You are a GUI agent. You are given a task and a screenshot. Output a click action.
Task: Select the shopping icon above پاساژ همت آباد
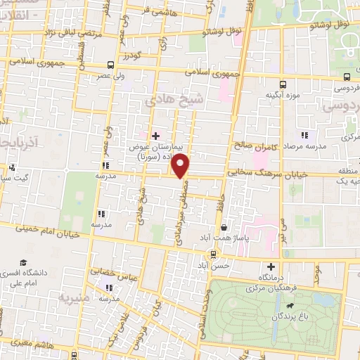[224, 227]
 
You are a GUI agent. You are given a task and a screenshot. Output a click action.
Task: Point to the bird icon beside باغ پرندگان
[290, 307]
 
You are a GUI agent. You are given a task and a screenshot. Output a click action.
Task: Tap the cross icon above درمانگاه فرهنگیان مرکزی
[271, 266]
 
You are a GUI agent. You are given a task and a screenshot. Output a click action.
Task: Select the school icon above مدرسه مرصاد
[304, 135]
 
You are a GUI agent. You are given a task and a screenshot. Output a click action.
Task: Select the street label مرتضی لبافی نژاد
[69, 32]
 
